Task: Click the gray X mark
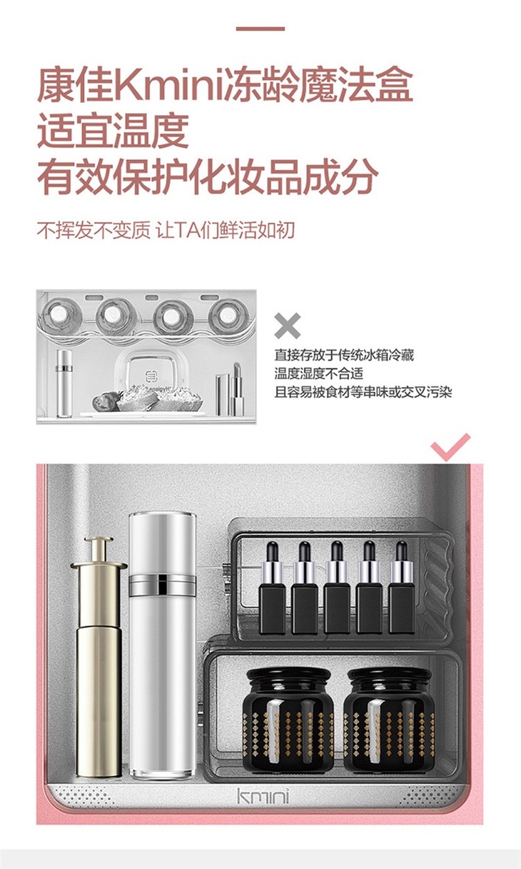pyautogui.click(x=287, y=325)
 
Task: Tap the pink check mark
pyautogui.click(x=450, y=447)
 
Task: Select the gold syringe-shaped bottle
pyautogui.click(x=98, y=655)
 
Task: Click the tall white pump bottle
pyautogui.click(x=163, y=646)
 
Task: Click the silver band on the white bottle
pyautogui.click(x=163, y=585)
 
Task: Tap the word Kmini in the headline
pyautogui.click(x=171, y=86)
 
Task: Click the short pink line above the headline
pyautogui.click(x=260, y=29)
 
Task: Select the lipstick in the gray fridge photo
pyautogui.click(x=237, y=389)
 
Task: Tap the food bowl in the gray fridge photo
pyautogui.click(x=161, y=398)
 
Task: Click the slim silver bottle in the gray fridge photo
pyautogui.click(x=64, y=383)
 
